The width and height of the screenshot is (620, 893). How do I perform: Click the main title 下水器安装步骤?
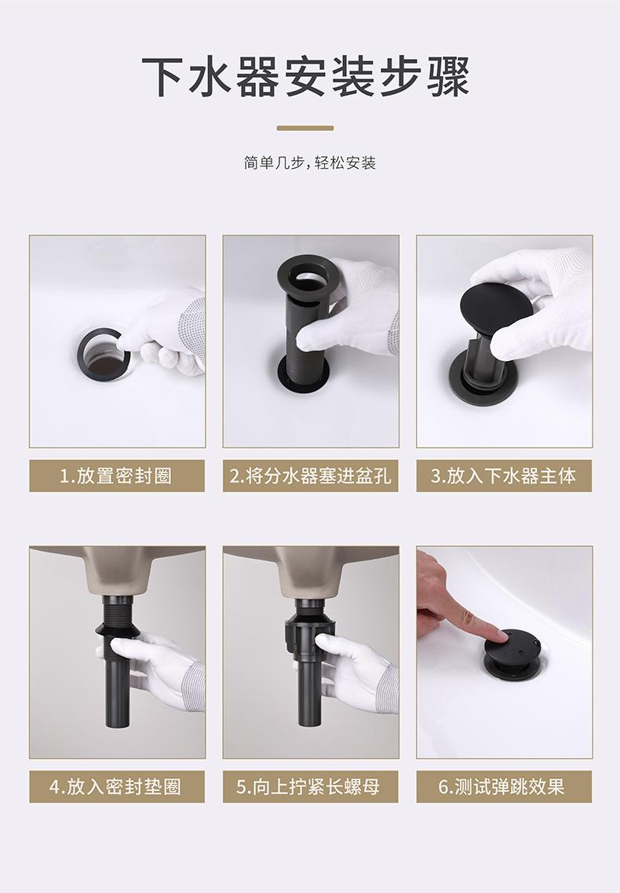[306, 77]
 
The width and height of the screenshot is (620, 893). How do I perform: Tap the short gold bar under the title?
[305, 128]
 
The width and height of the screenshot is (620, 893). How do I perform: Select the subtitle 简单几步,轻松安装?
[310, 163]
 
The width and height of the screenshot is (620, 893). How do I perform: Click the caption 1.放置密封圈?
[116, 476]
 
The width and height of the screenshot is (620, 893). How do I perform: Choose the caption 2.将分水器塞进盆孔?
[310, 476]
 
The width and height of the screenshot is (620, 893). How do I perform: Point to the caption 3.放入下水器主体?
[504, 476]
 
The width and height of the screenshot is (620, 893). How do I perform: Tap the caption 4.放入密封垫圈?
[116, 787]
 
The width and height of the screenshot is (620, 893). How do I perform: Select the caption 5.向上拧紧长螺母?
[310, 787]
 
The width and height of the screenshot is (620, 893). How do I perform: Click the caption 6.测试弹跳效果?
[504, 787]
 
